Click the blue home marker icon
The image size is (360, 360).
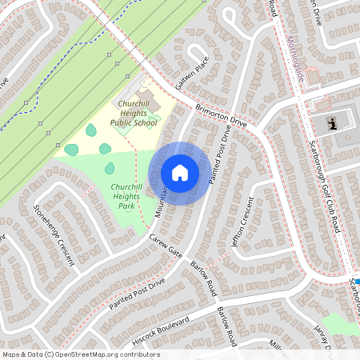pos(180,172)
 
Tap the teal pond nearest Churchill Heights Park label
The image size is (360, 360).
pos(110,168)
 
